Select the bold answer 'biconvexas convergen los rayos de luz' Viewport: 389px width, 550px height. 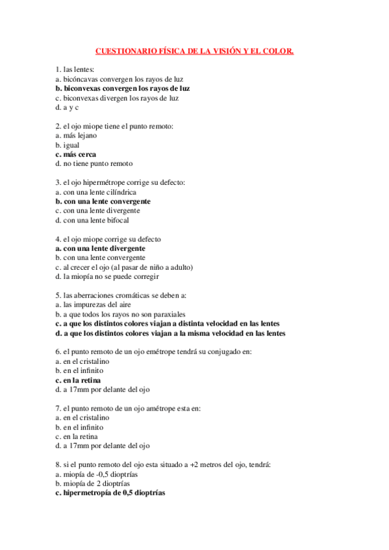click(x=123, y=88)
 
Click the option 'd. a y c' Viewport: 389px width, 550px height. click(x=67, y=108)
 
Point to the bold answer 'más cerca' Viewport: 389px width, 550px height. click(x=76, y=154)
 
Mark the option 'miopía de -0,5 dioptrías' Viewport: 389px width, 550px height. click(x=97, y=474)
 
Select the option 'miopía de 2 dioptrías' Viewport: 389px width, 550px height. click(x=93, y=483)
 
